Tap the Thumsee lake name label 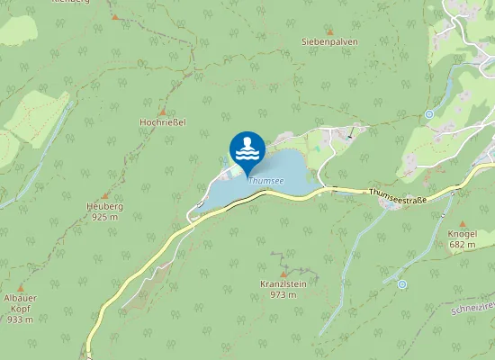(265, 180)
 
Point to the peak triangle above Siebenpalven (328, 31)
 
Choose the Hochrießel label (162, 122)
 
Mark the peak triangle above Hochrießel (162, 111)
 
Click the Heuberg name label (105, 206)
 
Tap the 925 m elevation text (105, 217)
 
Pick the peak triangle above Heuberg (105, 195)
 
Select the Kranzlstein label (283, 283)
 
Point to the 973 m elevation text (283, 294)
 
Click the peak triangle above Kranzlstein (283, 273)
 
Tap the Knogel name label (463, 234)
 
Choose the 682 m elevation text (463, 245)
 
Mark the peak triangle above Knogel (463, 223)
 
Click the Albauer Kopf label (20, 303)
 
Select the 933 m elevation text (20, 319)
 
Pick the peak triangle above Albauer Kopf (20, 287)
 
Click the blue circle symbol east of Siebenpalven (429, 114)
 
